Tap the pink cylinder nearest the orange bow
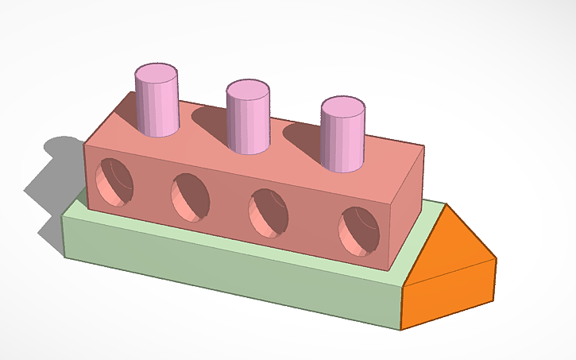[343, 139]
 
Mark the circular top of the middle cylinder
[249, 88]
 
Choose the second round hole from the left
[191, 196]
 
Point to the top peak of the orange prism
[448, 205]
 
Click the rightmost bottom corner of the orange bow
[495, 300]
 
